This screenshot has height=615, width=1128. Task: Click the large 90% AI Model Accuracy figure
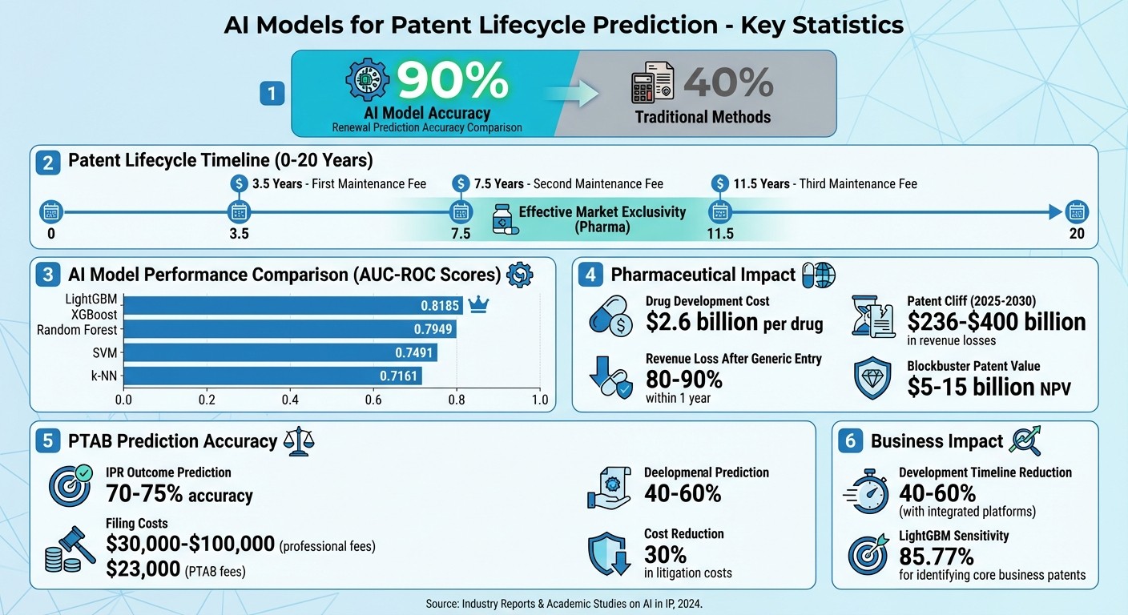pos(453,81)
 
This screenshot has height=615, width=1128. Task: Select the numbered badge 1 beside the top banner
pos(272,94)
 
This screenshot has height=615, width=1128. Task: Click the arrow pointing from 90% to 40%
pos(570,94)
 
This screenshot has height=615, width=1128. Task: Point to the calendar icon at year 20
pos(1077,212)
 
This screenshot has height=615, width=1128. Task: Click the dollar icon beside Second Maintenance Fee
pos(460,184)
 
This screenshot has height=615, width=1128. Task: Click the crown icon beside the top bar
pos(477,305)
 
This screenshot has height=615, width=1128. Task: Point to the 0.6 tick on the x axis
pos(373,400)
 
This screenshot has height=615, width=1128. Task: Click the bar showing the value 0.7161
pos(272,376)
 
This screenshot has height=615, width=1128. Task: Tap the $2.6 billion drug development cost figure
pos(735,322)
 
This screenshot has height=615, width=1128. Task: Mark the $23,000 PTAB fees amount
pos(143,571)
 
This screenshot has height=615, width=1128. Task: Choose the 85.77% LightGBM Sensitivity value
pos(937,556)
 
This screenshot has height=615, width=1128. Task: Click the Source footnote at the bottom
pos(563,601)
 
